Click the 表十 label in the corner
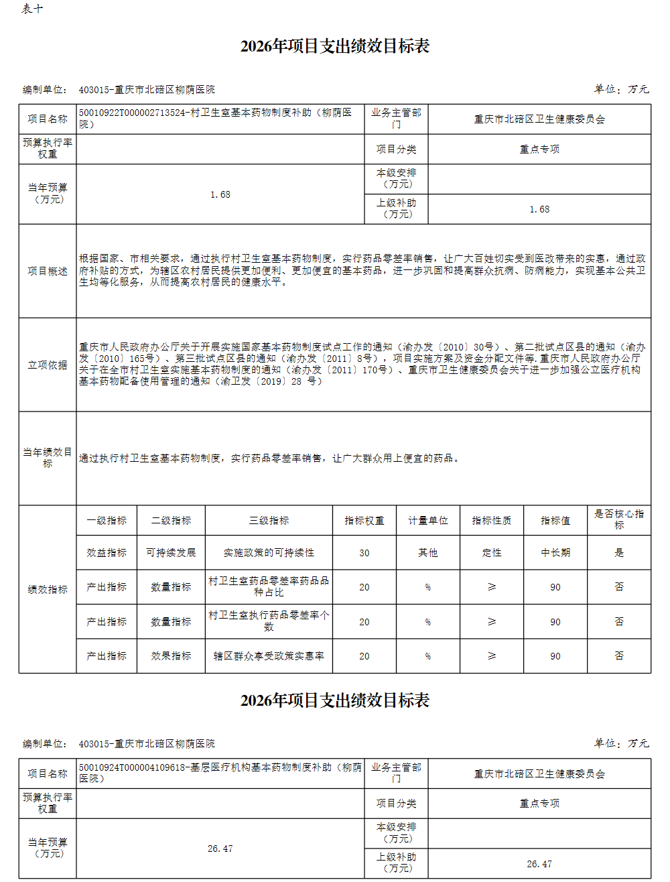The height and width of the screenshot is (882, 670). (32, 9)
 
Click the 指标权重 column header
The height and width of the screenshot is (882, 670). (364, 520)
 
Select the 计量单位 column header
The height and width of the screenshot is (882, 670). (428, 520)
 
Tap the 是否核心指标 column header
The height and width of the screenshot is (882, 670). (618, 519)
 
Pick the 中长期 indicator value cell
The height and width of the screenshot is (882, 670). (555, 553)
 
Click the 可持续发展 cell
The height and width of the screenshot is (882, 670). (171, 553)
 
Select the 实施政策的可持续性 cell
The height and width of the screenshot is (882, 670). (269, 553)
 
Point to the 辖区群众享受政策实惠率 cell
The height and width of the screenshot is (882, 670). (269, 656)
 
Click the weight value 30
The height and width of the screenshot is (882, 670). (364, 553)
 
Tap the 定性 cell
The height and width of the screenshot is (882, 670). (492, 553)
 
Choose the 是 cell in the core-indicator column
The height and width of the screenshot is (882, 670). (618, 553)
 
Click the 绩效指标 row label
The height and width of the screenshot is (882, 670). (48, 590)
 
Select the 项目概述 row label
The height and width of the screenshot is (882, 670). (48, 271)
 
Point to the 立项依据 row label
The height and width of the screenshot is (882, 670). (48, 365)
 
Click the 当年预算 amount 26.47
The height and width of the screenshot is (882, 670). (220, 848)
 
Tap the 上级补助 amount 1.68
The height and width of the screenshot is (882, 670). (539, 209)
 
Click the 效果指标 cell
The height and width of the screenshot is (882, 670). (171, 656)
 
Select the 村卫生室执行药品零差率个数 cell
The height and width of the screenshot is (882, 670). (269, 621)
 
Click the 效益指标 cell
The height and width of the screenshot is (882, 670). (107, 553)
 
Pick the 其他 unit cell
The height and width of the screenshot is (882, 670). (428, 553)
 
